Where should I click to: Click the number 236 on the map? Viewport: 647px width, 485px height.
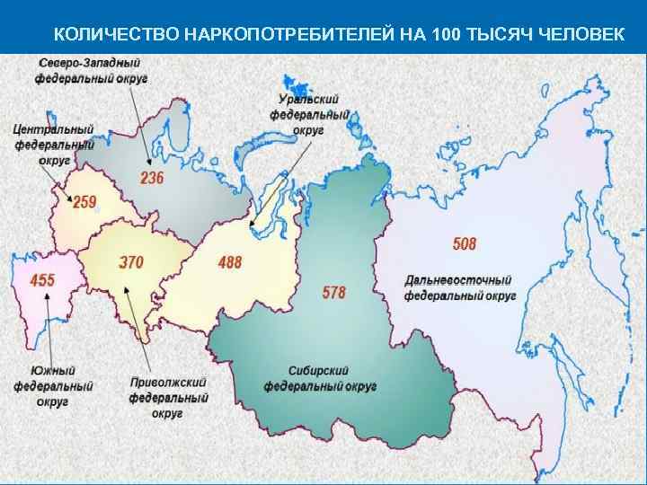tap(152, 178)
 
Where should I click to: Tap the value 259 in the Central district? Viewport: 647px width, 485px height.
tap(84, 202)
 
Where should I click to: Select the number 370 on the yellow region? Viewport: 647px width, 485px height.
tap(131, 263)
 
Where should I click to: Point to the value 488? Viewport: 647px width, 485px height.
tap(230, 262)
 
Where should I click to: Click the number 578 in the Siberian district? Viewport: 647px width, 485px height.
tap(333, 293)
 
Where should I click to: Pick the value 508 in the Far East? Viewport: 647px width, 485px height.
tap(465, 243)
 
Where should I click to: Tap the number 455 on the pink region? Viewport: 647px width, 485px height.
tap(42, 280)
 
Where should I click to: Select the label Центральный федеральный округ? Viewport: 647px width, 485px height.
tap(54, 144)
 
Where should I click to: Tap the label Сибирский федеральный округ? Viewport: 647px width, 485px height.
tap(319, 378)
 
